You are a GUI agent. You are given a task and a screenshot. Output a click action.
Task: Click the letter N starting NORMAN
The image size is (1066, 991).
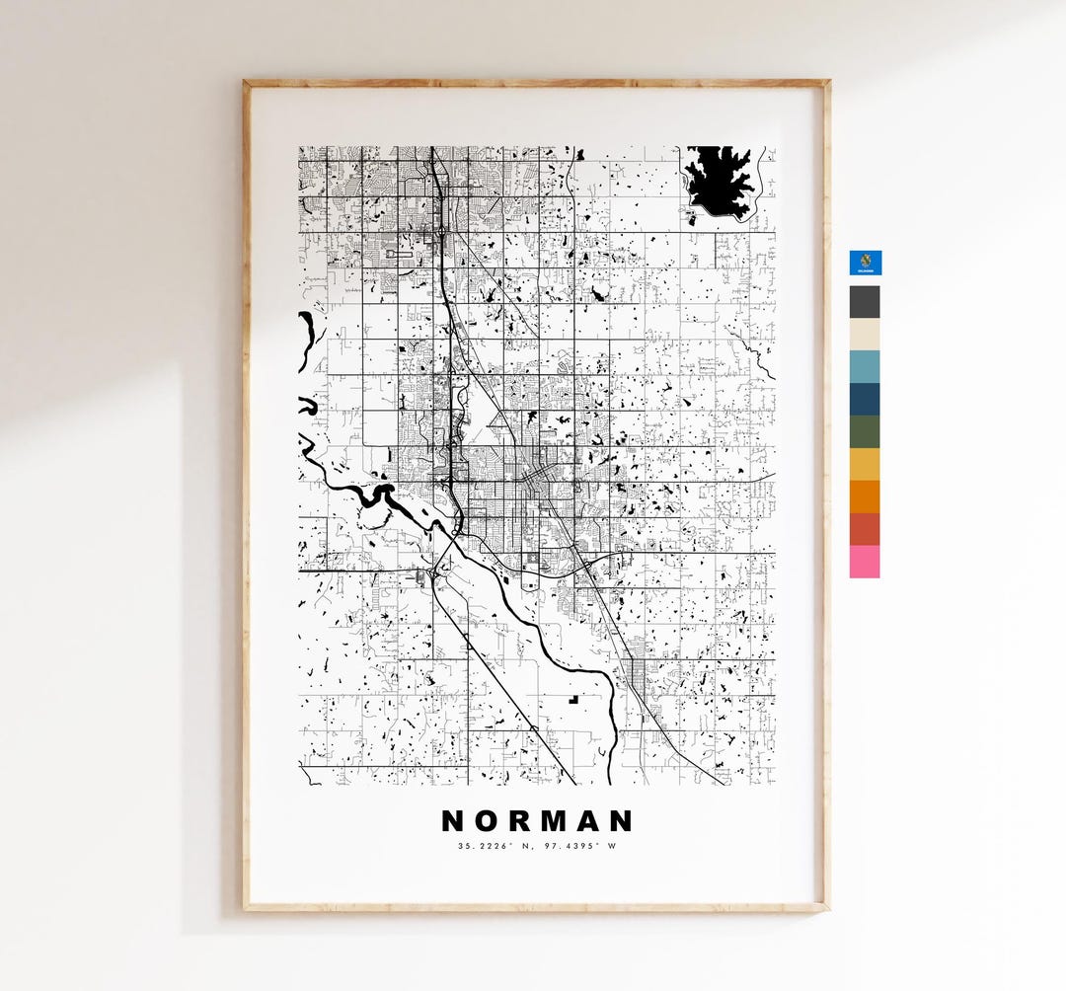(x=453, y=821)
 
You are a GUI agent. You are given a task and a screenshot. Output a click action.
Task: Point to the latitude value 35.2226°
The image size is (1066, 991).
(x=481, y=846)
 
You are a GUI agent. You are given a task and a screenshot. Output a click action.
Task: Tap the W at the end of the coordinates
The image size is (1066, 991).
(x=611, y=846)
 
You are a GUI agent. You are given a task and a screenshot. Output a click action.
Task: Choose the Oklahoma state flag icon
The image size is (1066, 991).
(x=866, y=262)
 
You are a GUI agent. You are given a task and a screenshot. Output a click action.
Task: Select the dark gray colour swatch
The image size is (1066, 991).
(x=865, y=302)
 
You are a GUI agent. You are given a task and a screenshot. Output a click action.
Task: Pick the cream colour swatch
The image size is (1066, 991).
(x=865, y=334)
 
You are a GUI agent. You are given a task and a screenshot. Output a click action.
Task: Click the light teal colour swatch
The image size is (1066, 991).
(x=865, y=366)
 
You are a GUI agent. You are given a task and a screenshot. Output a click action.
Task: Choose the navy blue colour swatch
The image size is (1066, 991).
(x=865, y=399)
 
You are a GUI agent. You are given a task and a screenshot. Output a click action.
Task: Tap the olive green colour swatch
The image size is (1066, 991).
(x=865, y=431)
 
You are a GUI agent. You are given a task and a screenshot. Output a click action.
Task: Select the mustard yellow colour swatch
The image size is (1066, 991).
(x=865, y=464)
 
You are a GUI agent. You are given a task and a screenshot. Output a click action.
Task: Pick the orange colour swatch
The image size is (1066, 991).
(x=865, y=496)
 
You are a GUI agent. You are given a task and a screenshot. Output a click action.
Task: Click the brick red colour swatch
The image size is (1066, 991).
(x=865, y=529)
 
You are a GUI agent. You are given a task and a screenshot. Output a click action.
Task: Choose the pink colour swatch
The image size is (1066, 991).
(x=865, y=562)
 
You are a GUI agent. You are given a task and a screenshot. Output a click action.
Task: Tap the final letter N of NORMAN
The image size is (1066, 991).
(x=620, y=821)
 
